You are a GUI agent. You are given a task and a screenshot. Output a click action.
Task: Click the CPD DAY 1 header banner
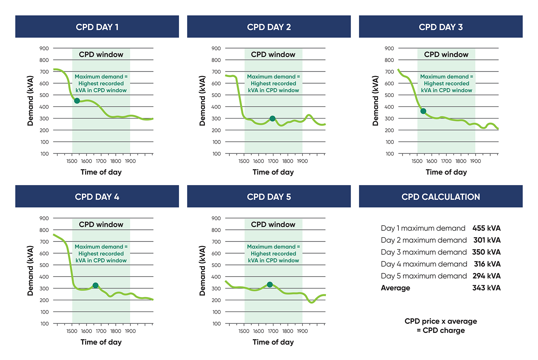point(97,27)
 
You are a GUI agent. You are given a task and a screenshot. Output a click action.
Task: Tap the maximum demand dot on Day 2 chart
point(272,118)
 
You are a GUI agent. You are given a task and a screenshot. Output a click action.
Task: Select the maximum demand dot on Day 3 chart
point(423,111)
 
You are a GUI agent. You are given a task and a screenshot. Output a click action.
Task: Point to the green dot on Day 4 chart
point(96,285)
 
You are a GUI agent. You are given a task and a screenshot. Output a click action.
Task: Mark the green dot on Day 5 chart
point(270,284)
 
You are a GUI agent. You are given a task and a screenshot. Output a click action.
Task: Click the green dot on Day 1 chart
point(77,101)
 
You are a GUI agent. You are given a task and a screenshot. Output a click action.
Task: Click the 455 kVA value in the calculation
point(486,228)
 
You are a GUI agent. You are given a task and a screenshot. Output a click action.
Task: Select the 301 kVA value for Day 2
point(487,240)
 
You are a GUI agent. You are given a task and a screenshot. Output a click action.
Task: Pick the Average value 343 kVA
point(486,288)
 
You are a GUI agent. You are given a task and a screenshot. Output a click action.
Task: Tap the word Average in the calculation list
point(395,288)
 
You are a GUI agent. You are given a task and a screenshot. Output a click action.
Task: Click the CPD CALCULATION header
point(440,197)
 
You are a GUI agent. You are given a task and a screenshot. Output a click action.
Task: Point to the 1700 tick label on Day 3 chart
point(446,161)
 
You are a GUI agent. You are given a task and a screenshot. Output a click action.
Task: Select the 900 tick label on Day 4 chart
point(44,218)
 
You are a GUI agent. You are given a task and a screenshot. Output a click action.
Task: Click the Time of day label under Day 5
point(273,342)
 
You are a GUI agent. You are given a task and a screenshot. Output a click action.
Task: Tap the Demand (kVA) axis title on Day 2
point(202,101)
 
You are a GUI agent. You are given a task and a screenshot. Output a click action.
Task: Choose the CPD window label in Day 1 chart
point(101,55)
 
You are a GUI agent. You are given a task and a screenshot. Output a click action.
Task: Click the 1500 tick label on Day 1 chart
point(72,161)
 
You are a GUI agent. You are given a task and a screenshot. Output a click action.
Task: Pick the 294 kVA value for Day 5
point(486,276)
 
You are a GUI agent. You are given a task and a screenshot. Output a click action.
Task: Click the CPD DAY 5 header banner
point(269,197)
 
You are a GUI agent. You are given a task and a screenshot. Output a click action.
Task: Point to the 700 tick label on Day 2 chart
point(216,72)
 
